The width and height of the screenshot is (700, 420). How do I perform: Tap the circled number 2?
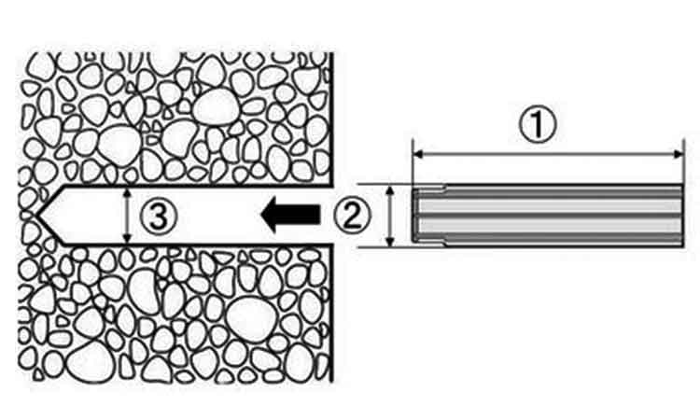click(352, 215)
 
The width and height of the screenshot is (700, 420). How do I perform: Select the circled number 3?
click(159, 216)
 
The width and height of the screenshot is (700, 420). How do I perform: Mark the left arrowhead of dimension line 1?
click(418, 154)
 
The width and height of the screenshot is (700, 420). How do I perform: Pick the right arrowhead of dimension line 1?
click(679, 154)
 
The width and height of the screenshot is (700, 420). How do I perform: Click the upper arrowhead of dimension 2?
click(390, 190)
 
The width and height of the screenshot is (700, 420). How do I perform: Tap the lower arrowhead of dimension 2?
click(390, 241)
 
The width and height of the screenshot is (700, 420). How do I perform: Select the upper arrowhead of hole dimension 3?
click(128, 193)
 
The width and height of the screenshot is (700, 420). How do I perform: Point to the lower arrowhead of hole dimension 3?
click(128, 238)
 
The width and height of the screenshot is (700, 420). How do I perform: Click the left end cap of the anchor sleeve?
click(415, 215)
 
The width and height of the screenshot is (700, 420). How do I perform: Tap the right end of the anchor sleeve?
click(681, 215)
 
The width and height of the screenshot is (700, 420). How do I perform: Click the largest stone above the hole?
click(217, 107)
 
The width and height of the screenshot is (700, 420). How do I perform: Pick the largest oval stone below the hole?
click(250, 318)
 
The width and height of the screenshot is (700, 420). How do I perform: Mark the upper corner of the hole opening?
click(331, 186)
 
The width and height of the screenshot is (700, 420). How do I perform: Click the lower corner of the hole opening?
click(331, 245)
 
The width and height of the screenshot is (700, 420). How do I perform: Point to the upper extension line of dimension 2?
click(386, 184)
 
